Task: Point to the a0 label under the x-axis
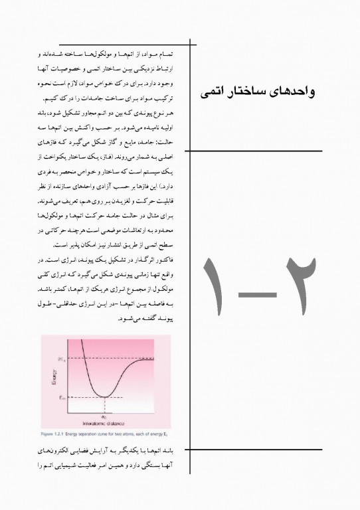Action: (x=105, y=415)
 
